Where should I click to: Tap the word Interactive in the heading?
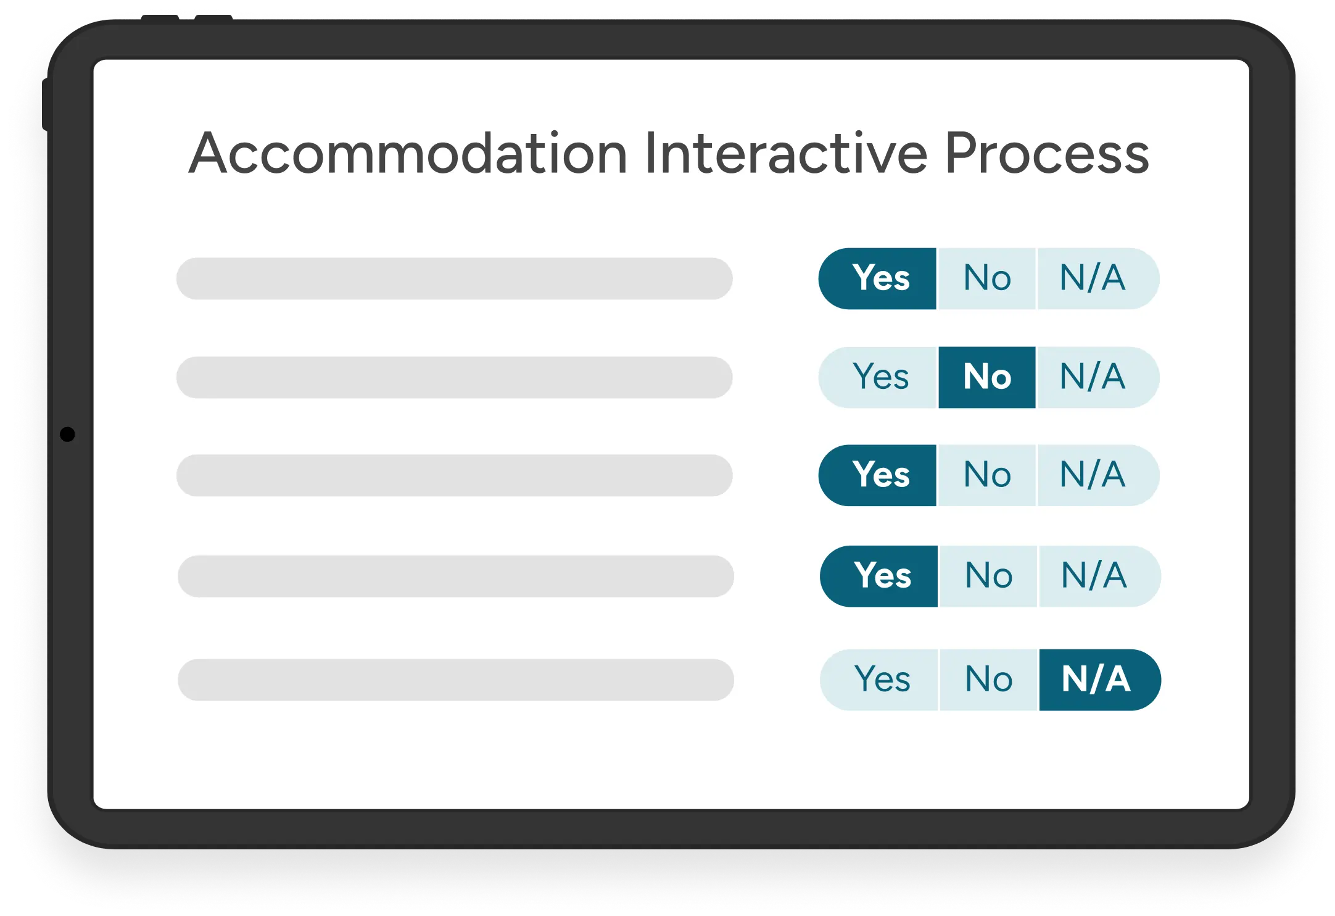pyautogui.click(x=786, y=153)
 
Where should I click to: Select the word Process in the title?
pyautogui.click(x=1047, y=153)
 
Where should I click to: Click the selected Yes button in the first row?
pyautogui.click(x=877, y=278)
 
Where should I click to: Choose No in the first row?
pyautogui.click(x=987, y=278)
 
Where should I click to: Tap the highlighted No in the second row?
pyautogui.click(x=987, y=377)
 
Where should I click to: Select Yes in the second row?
pyautogui.click(x=877, y=377)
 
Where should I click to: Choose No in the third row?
pyautogui.click(x=987, y=475)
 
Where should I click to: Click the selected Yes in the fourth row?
pyautogui.click(x=878, y=577)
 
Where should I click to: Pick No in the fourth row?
pyautogui.click(x=988, y=577)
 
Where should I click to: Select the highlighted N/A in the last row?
pyautogui.click(x=1100, y=680)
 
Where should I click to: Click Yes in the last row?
pyautogui.click(x=878, y=680)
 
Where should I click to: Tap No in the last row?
pyautogui.click(x=988, y=680)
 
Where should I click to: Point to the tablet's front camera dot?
pyautogui.click(x=67, y=435)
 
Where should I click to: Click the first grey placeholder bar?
pyautogui.click(x=455, y=279)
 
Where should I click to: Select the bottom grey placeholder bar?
pyautogui.click(x=456, y=680)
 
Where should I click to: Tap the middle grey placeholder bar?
pyautogui.click(x=455, y=476)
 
